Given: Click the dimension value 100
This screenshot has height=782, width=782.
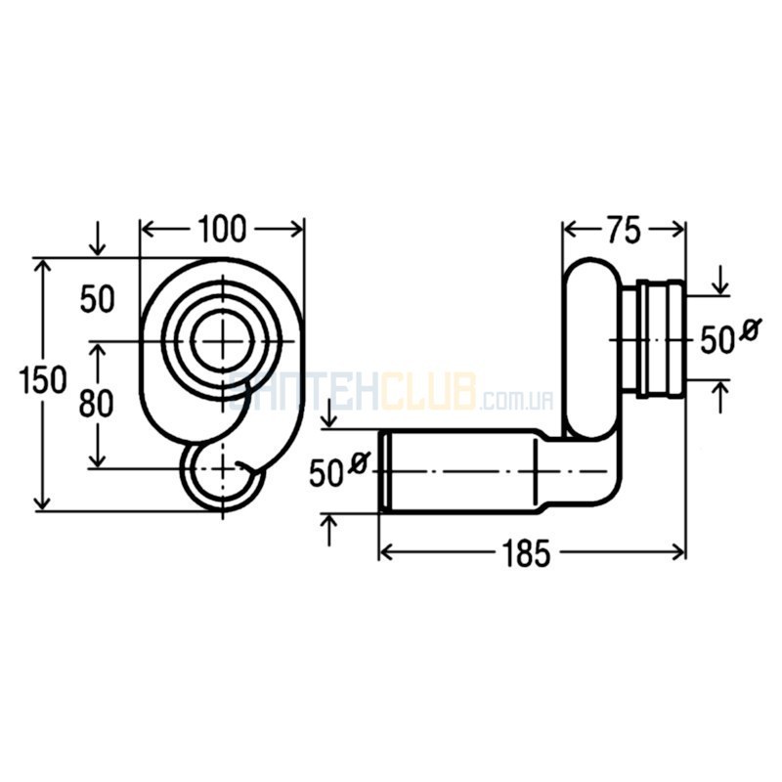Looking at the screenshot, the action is [x=222, y=229].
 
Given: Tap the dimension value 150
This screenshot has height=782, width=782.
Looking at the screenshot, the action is [x=42, y=379].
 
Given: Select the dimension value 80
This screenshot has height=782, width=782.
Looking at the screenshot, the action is [x=96, y=403].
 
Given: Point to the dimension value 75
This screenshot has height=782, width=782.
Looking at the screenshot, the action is [x=625, y=231].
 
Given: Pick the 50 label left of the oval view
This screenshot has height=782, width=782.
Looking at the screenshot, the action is [x=97, y=300].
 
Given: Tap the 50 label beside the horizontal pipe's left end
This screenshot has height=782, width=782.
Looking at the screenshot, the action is [x=326, y=473].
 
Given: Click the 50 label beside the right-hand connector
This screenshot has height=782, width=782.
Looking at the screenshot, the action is [x=717, y=341].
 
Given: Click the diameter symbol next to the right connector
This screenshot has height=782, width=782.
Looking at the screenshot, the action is [x=750, y=328].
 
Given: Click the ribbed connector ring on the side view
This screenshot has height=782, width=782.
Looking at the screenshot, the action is [x=663, y=340].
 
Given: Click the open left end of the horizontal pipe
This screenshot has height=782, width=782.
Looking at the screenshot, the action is [x=383, y=471].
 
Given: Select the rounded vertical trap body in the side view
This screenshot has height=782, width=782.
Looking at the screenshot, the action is [x=591, y=349].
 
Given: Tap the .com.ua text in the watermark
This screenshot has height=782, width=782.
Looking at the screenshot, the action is [x=515, y=400].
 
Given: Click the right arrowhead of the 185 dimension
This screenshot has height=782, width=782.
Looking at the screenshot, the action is [x=677, y=551].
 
